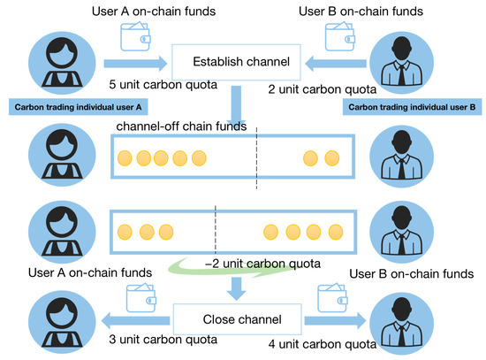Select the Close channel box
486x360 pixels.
click(239, 319)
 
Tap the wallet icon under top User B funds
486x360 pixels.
click(342, 34)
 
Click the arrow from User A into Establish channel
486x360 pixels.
click(133, 63)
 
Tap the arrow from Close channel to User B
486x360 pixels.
click(336, 318)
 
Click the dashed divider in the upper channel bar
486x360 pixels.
click(257, 160)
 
